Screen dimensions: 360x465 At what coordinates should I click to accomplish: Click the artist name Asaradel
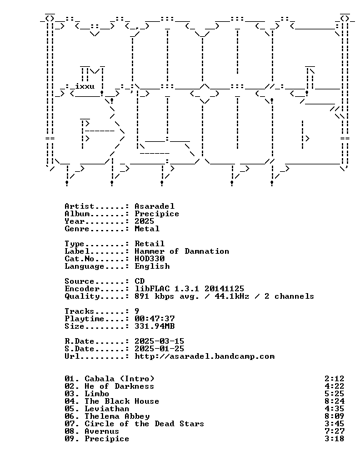pos(154,206)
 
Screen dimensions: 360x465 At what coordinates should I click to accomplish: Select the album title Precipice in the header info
pos(157,214)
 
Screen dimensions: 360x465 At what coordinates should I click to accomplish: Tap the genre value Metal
pos(147,229)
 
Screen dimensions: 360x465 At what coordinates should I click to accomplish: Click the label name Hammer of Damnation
pos(182,251)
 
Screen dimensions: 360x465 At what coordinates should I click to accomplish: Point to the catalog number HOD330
pos(149,259)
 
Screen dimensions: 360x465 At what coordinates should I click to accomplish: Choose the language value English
pos(152,266)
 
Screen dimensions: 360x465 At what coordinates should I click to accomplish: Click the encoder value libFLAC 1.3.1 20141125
pos(189,289)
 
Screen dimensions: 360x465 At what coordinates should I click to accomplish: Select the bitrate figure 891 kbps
pos(154,296)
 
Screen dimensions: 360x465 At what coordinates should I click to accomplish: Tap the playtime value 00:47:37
pos(154,319)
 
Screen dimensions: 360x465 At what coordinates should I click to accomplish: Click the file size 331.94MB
pos(154,326)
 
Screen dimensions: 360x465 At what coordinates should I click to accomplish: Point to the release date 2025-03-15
pos(159,341)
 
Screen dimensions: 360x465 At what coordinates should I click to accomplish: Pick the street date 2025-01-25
pos(159,349)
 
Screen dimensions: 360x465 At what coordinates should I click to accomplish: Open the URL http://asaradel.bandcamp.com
pos(204,356)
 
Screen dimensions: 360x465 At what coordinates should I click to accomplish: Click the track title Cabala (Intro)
pos(119,379)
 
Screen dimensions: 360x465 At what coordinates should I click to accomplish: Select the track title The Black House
pos(122,401)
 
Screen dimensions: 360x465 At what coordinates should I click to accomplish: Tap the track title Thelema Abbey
pos(117,416)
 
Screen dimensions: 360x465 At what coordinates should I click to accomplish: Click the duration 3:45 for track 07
pos(334,424)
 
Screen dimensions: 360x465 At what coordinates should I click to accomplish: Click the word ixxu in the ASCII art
pos(85,86)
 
